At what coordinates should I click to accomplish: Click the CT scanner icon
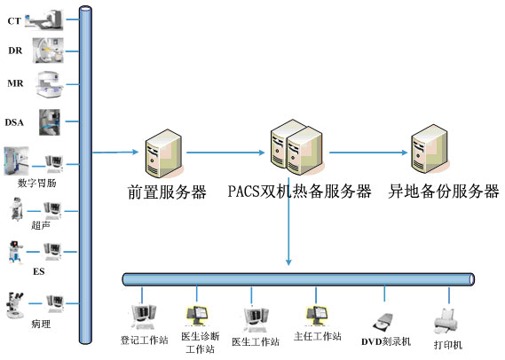pos(43,20)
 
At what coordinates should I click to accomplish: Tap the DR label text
pos(15,51)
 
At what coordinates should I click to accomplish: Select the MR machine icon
pos(50,84)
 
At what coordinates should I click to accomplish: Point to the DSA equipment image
pos(50,122)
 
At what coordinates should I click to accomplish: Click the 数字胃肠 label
pos(36,183)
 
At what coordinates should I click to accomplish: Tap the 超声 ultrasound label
pos(41,225)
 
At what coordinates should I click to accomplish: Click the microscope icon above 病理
pos(15,305)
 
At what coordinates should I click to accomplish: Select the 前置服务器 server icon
pos(164,153)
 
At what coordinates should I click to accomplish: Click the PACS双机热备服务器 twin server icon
pos(296,147)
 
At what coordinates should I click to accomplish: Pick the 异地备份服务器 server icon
pos(430,149)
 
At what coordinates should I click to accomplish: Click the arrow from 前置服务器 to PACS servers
pos(225,153)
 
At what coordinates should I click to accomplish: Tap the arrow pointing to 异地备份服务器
pos(368,153)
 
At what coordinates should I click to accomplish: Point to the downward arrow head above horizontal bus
pos(288,262)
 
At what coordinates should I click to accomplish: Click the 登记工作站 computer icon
pos(144,317)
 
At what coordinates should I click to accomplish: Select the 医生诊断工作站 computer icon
pos(197,316)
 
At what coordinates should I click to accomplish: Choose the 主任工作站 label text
pos(317,337)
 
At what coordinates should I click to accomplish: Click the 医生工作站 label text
pos(256,341)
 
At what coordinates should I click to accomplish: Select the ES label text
pos(39,271)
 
